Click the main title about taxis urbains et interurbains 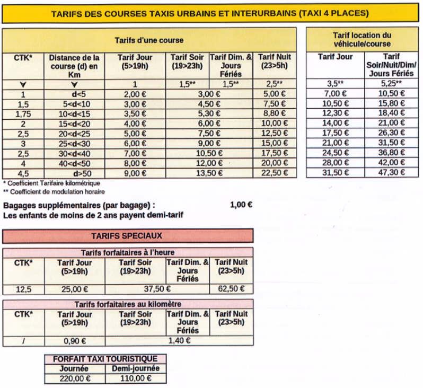pyautogui.click(x=211, y=13)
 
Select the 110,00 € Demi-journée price pyautogui.click(x=135, y=378)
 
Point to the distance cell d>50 pyautogui.click(x=74, y=172)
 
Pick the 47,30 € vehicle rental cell pyautogui.click(x=391, y=172)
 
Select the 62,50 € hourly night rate pyautogui.click(x=232, y=289)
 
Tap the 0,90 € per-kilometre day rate pyautogui.click(x=75, y=341)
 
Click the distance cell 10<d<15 pyautogui.click(x=74, y=114)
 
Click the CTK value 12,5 pyautogui.click(x=23, y=289)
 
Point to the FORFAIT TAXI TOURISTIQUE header pyautogui.click(x=105, y=359)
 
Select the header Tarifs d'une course pyautogui.click(x=149, y=40)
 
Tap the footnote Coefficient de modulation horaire pyautogui.click(x=54, y=191)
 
